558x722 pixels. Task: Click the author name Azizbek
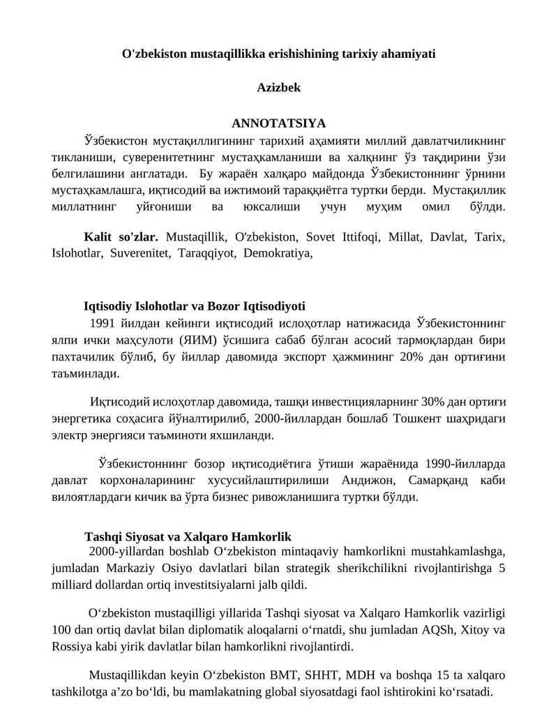pyautogui.click(x=279, y=88)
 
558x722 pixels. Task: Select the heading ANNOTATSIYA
pyautogui.click(x=279, y=123)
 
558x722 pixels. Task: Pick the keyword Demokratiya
pyautogui.click(x=278, y=253)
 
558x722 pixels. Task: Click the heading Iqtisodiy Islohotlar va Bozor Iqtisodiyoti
pyautogui.click(x=195, y=306)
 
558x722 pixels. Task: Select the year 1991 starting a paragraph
pyautogui.click(x=102, y=324)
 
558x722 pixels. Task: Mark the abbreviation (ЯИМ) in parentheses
pyautogui.click(x=197, y=340)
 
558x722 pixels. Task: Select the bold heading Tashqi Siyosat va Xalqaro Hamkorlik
pyautogui.click(x=187, y=537)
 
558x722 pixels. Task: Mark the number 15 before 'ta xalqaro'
pyautogui.click(x=424, y=676)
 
